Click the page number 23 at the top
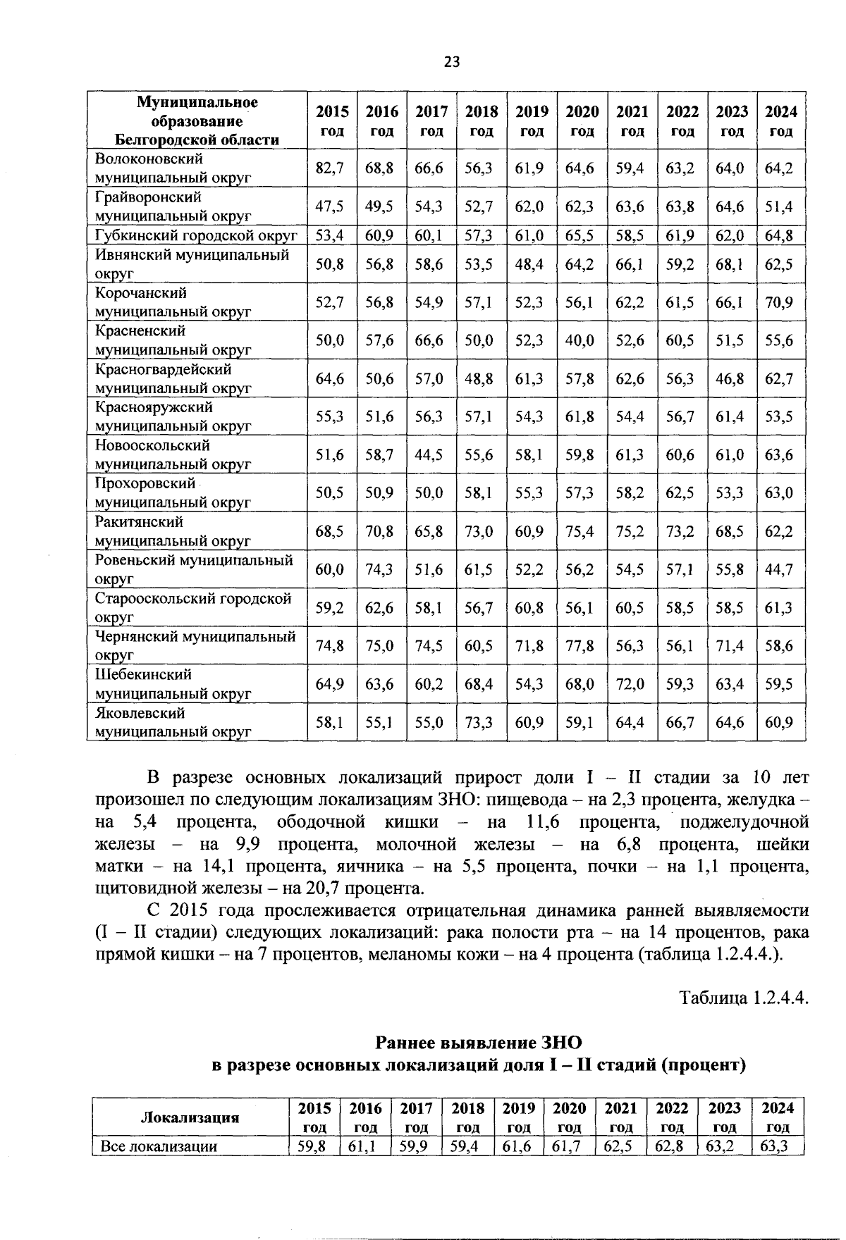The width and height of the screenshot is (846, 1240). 451,62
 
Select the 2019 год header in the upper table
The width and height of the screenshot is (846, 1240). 532,121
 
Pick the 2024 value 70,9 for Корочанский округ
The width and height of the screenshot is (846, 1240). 780,302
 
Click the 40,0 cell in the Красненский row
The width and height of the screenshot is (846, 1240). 580,340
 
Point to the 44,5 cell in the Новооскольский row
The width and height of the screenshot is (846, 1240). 429,455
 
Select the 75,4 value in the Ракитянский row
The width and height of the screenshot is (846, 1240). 580,531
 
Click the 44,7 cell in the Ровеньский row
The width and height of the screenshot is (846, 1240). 780,569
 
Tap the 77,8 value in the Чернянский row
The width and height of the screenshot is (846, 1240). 580,646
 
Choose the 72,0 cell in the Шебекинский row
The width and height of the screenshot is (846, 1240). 630,684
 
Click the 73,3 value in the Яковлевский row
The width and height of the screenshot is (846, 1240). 479,722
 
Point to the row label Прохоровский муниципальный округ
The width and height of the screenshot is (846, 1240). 173,493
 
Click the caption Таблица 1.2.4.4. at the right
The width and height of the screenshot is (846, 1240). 743,998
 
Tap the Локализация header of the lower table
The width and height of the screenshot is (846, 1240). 190,1117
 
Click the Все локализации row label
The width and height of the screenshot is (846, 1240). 159,1146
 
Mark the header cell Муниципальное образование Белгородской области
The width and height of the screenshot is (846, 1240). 197,121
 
